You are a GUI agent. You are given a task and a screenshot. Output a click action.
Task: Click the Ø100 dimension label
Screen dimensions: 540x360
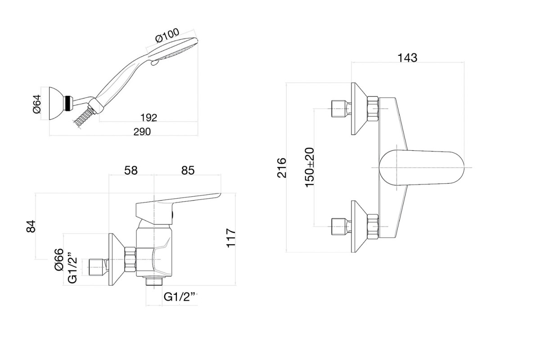(x=167, y=36)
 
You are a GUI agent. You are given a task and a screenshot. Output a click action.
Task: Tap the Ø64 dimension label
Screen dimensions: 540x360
(x=37, y=104)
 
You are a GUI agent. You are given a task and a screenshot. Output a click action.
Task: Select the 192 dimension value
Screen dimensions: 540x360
(x=149, y=117)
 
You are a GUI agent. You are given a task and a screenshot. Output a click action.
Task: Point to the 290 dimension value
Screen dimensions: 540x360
(x=142, y=132)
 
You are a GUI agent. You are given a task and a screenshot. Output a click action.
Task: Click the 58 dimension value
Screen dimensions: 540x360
(x=131, y=171)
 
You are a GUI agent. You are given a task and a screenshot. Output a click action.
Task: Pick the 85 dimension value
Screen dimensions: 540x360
(x=188, y=171)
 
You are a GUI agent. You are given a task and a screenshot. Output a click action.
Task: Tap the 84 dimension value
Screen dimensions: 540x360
(x=31, y=226)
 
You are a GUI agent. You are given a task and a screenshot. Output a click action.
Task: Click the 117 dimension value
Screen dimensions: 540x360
(x=231, y=238)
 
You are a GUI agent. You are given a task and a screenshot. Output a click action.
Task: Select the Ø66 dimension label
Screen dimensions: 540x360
(x=59, y=260)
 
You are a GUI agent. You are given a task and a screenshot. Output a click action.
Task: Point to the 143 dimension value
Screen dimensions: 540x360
(x=407, y=58)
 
